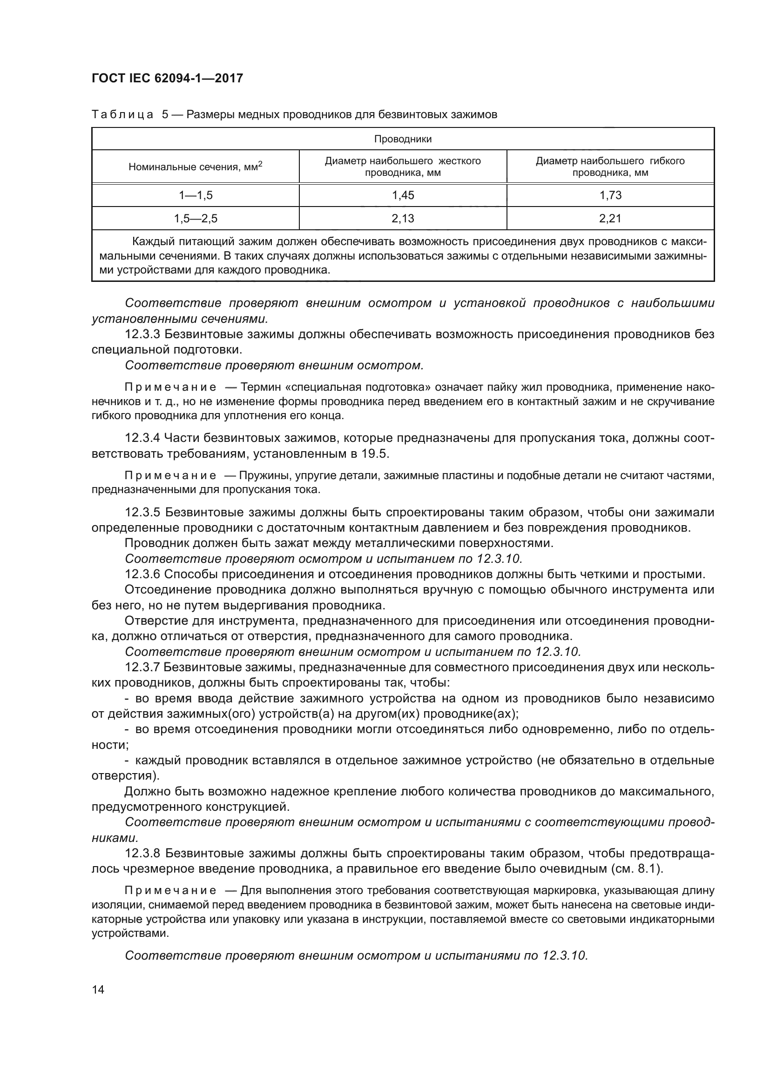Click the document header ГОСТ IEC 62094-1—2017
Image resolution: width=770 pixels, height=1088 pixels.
point(167,78)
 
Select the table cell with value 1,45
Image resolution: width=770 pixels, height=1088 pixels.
point(403,195)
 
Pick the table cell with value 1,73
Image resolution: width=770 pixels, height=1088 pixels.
point(610,195)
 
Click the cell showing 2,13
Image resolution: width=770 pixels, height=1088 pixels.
point(403,219)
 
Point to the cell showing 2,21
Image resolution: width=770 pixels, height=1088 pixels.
point(610,219)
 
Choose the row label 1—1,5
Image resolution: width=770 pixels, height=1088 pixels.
point(196,195)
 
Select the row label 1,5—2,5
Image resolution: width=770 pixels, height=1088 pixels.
point(196,219)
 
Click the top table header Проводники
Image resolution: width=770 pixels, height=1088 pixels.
point(403,140)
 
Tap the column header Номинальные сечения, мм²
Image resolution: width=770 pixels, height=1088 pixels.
point(196,167)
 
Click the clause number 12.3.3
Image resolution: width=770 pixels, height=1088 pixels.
point(142,334)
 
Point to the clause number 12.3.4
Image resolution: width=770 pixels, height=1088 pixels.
point(142,438)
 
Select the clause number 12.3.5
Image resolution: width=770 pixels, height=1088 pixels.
point(142,513)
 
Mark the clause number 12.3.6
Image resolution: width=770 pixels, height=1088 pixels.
point(142,575)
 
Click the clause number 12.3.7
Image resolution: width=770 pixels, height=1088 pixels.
point(142,667)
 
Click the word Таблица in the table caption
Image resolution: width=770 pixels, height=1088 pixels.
point(122,115)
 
